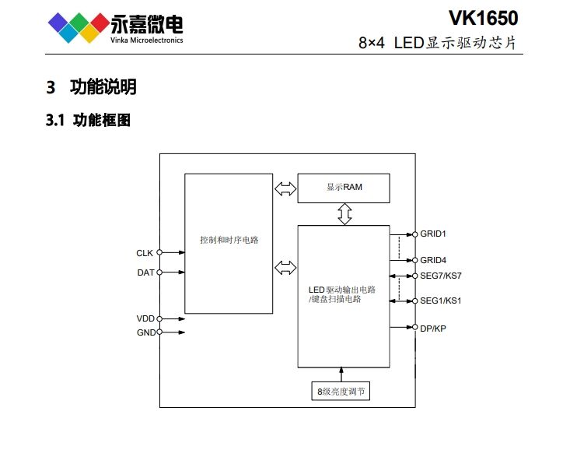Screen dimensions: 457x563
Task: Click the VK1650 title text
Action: [x=482, y=17]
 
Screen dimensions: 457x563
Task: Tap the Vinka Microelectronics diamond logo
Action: [x=77, y=27]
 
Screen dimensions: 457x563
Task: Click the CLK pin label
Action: [x=145, y=252]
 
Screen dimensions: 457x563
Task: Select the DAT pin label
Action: [x=145, y=272]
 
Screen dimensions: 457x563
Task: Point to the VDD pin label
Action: [x=145, y=319]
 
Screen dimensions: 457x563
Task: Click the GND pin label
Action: [x=145, y=332]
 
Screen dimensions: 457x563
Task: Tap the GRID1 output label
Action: [x=434, y=234]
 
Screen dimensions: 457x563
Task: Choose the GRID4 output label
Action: [x=434, y=260]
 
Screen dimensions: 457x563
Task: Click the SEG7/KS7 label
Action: [x=441, y=276]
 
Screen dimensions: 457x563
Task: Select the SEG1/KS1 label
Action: [x=441, y=301]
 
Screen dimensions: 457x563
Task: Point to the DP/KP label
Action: [x=433, y=328]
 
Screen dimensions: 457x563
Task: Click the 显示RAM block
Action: [x=344, y=188]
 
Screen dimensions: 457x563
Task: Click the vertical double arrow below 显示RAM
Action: [x=344, y=214]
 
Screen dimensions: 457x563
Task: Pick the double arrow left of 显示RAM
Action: [x=285, y=188]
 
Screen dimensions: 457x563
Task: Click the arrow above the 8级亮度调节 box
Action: [x=339, y=374]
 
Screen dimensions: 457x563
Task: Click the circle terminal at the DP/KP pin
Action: [x=414, y=328]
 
